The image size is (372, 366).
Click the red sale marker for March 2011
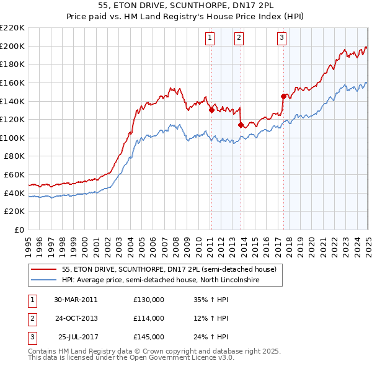click(211, 110)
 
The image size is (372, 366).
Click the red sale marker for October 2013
click(241, 125)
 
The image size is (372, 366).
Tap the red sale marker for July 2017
click(283, 96)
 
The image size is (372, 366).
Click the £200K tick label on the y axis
click(12, 46)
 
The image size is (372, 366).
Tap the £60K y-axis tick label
click(14, 175)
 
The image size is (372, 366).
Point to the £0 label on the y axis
click(20, 230)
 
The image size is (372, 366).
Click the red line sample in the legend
click(44, 269)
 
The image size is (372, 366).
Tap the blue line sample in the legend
click(44, 280)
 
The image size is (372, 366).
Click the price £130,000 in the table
click(149, 300)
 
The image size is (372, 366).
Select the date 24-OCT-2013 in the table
click(76, 318)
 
